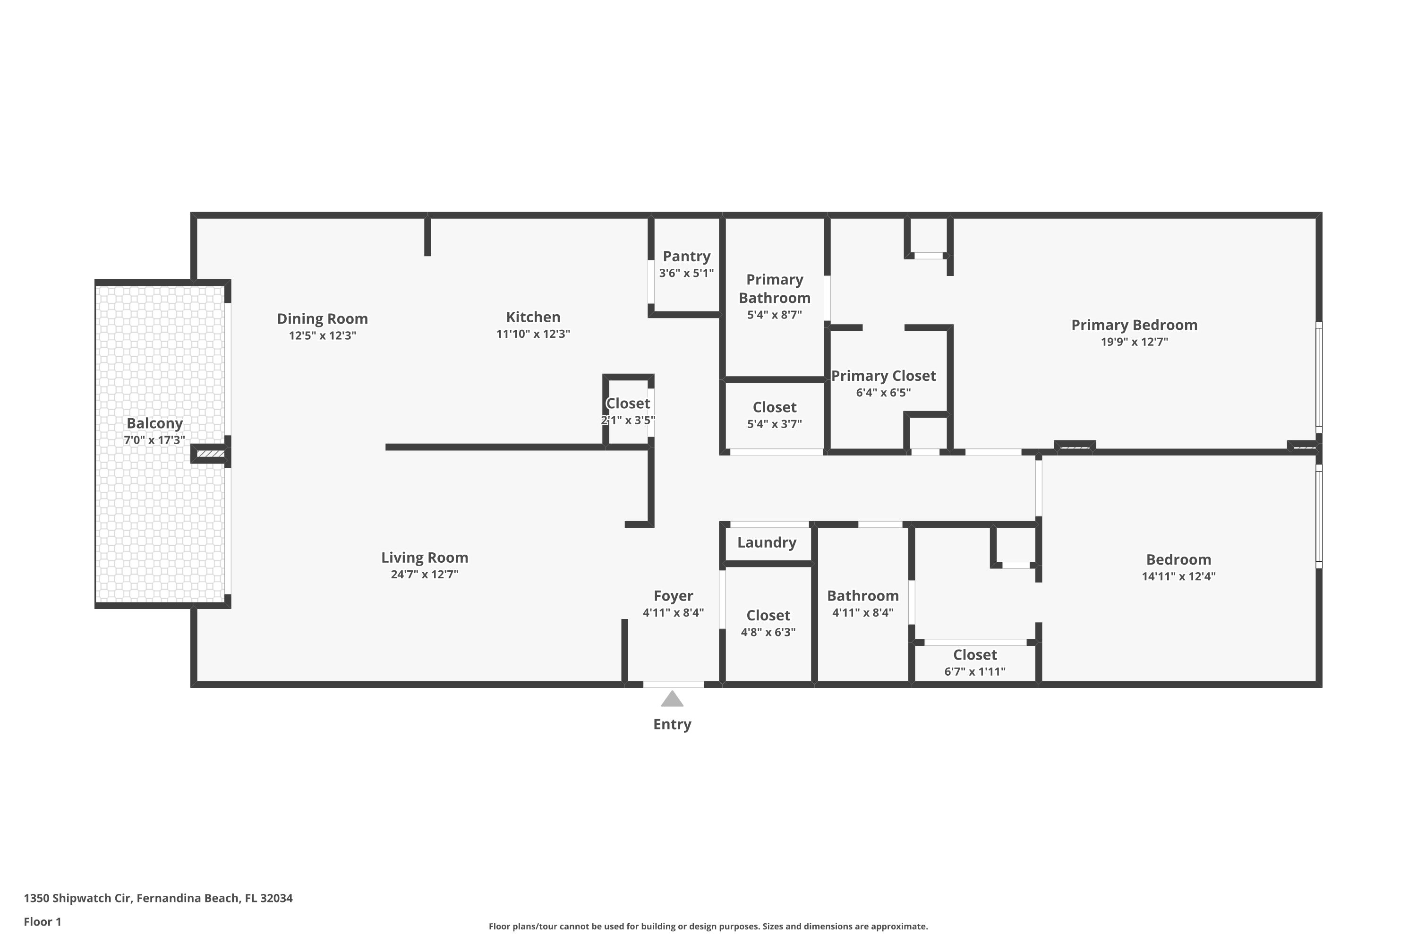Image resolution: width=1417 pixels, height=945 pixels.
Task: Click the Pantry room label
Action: point(686,256)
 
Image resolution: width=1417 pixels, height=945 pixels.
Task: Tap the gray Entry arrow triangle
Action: point(672,699)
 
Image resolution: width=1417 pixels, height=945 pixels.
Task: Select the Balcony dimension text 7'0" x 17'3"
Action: point(154,440)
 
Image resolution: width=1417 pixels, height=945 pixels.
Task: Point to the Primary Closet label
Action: point(883,376)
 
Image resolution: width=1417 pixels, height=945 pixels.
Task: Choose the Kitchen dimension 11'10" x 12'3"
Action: point(533,334)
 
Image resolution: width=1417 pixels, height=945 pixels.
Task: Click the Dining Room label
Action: point(322,319)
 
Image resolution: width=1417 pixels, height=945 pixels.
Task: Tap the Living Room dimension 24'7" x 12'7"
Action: point(424,575)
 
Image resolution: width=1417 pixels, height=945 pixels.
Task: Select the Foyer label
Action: point(673,596)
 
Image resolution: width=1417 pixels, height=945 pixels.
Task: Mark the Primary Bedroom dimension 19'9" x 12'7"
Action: point(1134,342)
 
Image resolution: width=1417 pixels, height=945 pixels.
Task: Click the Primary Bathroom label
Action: point(774,289)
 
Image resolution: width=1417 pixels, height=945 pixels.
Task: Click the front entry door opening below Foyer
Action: point(673,684)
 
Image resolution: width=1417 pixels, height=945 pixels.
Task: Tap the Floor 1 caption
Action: point(42,921)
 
